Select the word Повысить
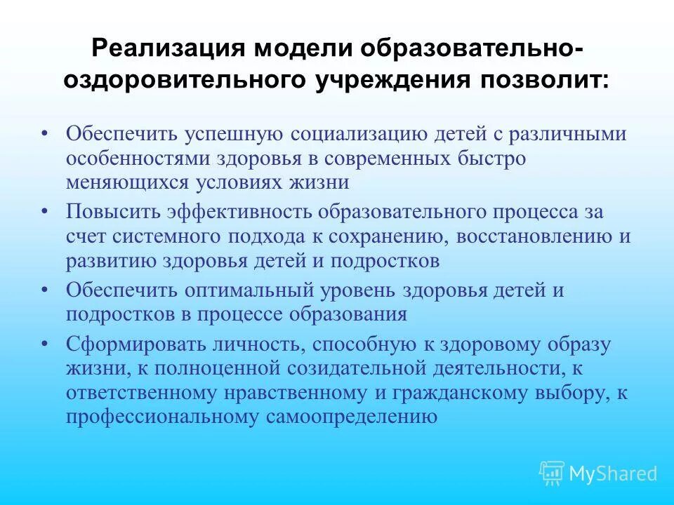(112, 212)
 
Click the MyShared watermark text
(613, 474)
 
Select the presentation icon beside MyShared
(551, 473)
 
